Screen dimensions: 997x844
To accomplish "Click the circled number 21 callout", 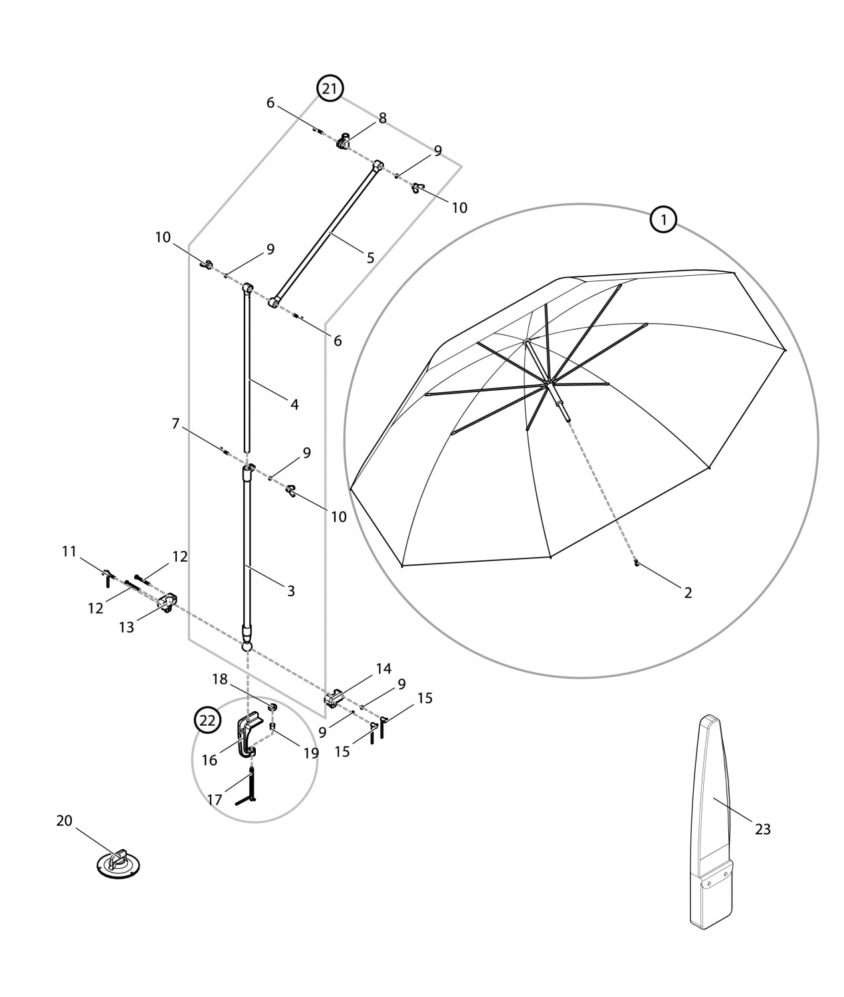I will click(330, 88).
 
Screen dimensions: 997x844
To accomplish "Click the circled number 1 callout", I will click(663, 219).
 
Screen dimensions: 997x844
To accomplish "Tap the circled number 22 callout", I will click(207, 720).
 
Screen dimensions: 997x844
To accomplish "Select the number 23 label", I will click(762, 829).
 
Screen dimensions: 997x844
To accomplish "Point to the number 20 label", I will click(64, 821).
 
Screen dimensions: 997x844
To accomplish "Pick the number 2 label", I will click(688, 592).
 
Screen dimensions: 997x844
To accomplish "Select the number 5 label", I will click(370, 258).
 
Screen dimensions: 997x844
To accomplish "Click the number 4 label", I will click(294, 404).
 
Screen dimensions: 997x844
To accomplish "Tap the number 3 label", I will click(290, 590).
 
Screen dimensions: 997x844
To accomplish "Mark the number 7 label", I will click(175, 423).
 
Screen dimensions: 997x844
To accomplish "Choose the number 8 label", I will click(382, 118).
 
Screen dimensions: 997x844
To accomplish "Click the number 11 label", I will click(69, 551).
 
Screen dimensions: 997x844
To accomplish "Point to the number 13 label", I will click(126, 627).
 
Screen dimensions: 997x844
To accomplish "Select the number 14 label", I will click(383, 669).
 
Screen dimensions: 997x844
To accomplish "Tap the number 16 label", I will click(209, 760).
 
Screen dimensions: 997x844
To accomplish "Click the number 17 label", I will click(214, 800).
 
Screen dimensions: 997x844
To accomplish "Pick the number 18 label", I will click(219, 679).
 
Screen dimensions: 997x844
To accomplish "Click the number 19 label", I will click(311, 753).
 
